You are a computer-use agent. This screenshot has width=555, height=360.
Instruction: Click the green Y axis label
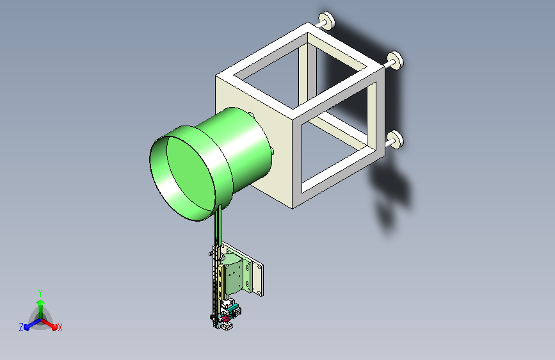40,293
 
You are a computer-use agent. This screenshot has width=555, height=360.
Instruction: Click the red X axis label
60,327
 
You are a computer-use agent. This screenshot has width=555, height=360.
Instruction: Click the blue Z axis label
21,327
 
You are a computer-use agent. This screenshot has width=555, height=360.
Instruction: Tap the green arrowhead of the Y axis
41,302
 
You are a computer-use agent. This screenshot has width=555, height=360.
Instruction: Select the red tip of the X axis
54,327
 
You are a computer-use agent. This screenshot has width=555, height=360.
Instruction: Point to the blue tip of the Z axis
27,327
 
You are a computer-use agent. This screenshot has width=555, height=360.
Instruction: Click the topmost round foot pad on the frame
326,20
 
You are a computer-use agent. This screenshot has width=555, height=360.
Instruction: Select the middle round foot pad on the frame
396,60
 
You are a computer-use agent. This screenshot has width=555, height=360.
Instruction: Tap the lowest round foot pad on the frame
396,139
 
